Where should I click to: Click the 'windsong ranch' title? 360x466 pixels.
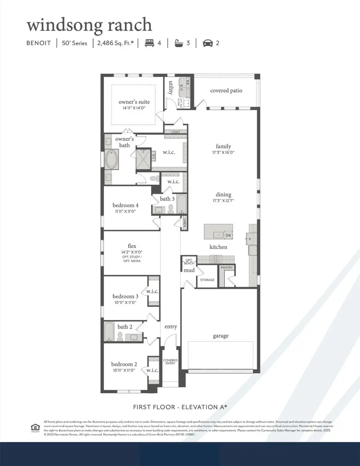click(89, 25)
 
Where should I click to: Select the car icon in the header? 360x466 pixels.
click(207, 43)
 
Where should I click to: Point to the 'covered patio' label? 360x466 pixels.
click(226, 90)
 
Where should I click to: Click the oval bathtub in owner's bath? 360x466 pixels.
click(112, 159)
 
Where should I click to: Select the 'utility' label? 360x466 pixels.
click(170, 88)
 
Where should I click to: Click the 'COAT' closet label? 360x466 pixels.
click(176, 132)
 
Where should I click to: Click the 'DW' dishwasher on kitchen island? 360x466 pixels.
click(228, 235)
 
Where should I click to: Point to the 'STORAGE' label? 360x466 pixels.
click(207, 280)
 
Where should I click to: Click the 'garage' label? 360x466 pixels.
click(220, 336)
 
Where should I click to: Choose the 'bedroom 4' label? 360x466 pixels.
click(126, 206)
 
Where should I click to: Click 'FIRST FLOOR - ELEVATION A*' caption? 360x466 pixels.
click(180, 407)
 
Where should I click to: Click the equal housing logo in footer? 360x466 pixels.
click(34, 428)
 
